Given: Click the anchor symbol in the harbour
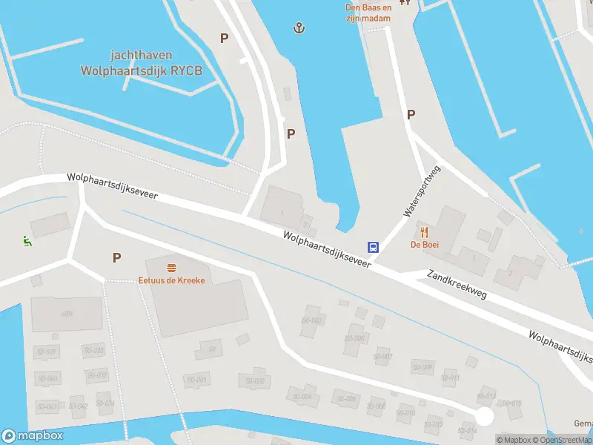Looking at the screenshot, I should pyautogui.click(x=299, y=28).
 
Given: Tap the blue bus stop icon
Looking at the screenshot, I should pyautogui.click(x=374, y=248).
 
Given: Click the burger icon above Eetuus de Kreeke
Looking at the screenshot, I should pyautogui.click(x=171, y=267).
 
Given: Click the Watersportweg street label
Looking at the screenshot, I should pyautogui.click(x=422, y=192).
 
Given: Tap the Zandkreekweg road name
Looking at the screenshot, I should pyautogui.click(x=457, y=284).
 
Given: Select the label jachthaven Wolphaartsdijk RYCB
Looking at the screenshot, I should pyautogui.click(x=141, y=63).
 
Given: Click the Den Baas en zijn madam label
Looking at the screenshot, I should pyautogui.click(x=368, y=13).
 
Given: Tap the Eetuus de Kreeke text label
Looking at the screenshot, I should pyautogui.click(x=171, y=280).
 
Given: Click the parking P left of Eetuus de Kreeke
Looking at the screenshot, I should pyautogui.click(x=116, y=257).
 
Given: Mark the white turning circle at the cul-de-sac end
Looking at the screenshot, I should pyautogui.click(x=484, y=417).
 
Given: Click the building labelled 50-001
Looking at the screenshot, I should pyautogui.click(x=198, y=380).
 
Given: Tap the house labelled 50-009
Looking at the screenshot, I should pyautogui.click(x=423, y=368).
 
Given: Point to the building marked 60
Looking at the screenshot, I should pyautogui.click(x=211, y=349).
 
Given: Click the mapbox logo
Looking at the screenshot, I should pyautogui.click(x=33, y=436).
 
